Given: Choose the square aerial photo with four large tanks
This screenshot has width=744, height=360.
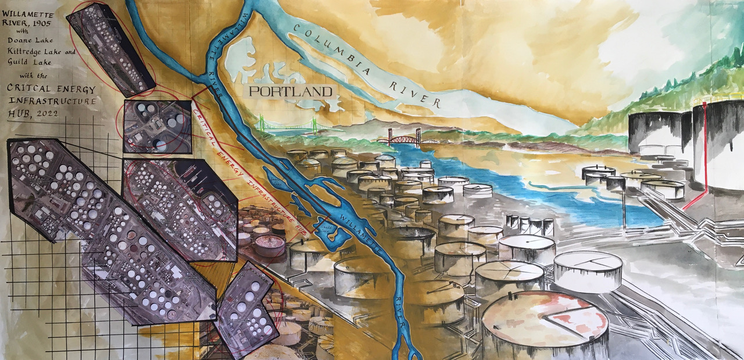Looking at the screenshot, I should [157, 126].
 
